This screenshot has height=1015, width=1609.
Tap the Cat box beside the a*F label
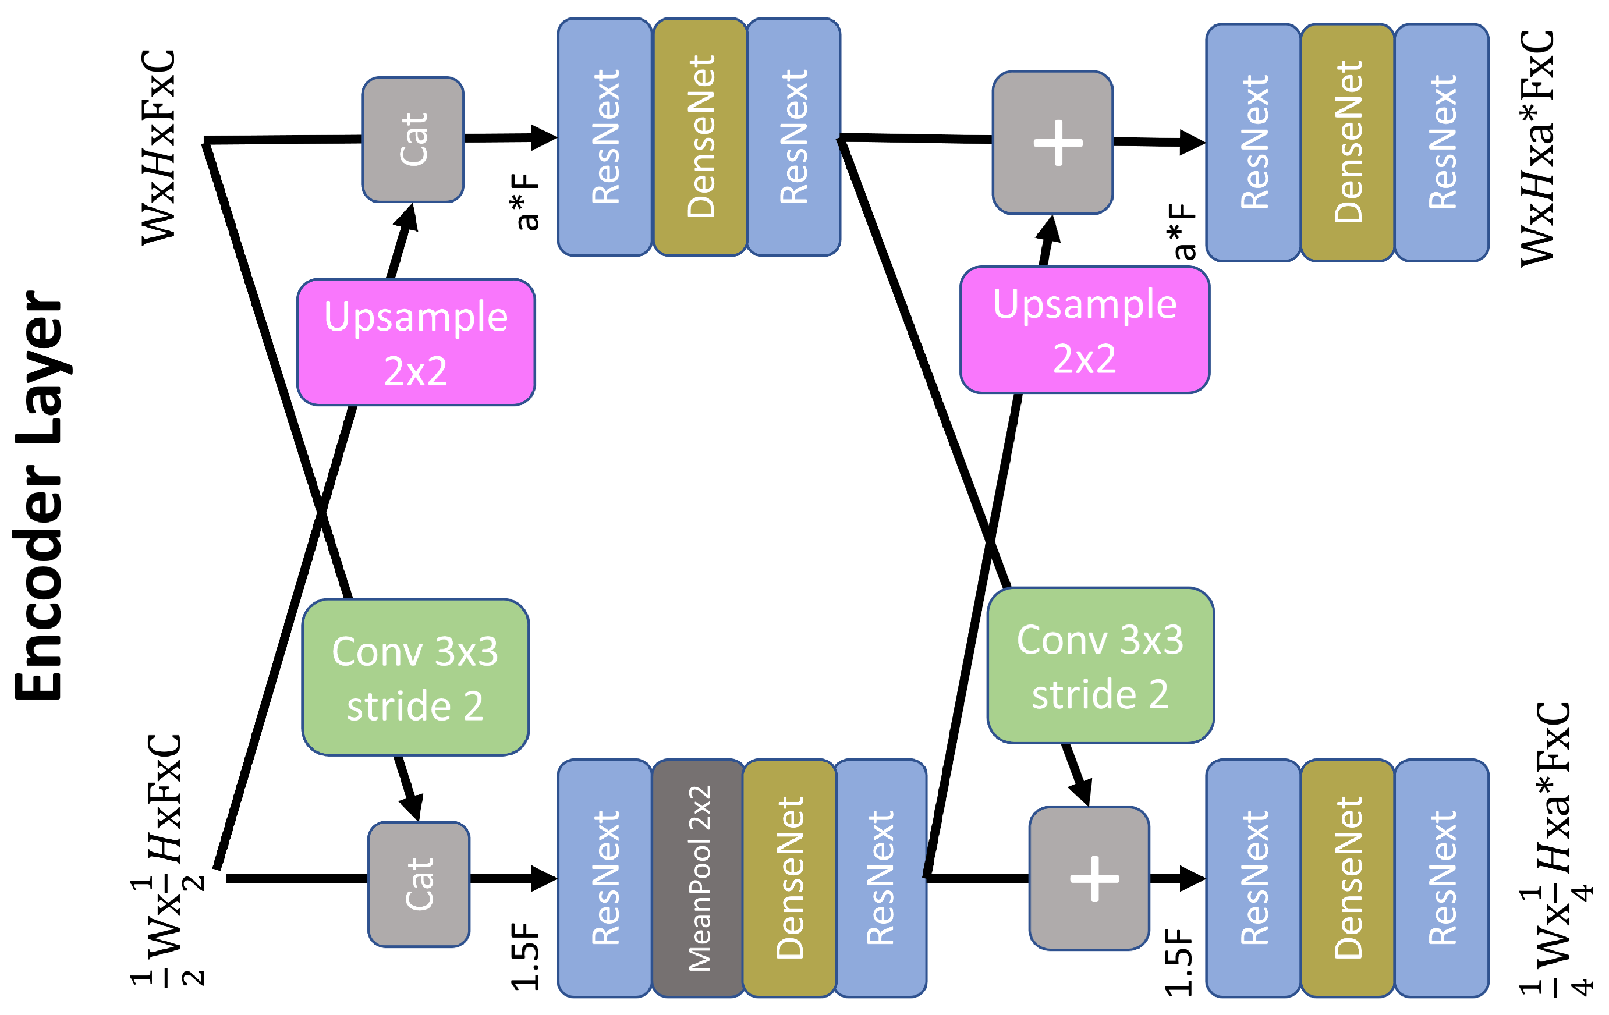(x=413, y=140)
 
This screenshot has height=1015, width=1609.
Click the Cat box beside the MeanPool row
(x=419, y=884)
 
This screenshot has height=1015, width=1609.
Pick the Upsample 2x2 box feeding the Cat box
(x=416, y=342)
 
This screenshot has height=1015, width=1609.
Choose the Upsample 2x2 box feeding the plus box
(x=1085, y=330)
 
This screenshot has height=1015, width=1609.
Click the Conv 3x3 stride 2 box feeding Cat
(x=415, y=677)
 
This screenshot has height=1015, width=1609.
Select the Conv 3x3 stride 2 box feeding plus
(x=1100, y=666)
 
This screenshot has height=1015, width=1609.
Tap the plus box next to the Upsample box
(x=1053, y=143)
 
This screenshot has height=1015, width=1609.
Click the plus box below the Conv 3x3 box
(x=1089, y=878)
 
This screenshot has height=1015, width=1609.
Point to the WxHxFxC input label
(x=159, y=147)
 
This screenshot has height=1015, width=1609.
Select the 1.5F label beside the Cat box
(x=525, y=956)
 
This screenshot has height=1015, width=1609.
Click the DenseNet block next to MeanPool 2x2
(x=789, y=878)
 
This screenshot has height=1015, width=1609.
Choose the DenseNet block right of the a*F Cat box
(x=700, y=137)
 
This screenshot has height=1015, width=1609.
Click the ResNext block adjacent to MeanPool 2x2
(x=605, y=878)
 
